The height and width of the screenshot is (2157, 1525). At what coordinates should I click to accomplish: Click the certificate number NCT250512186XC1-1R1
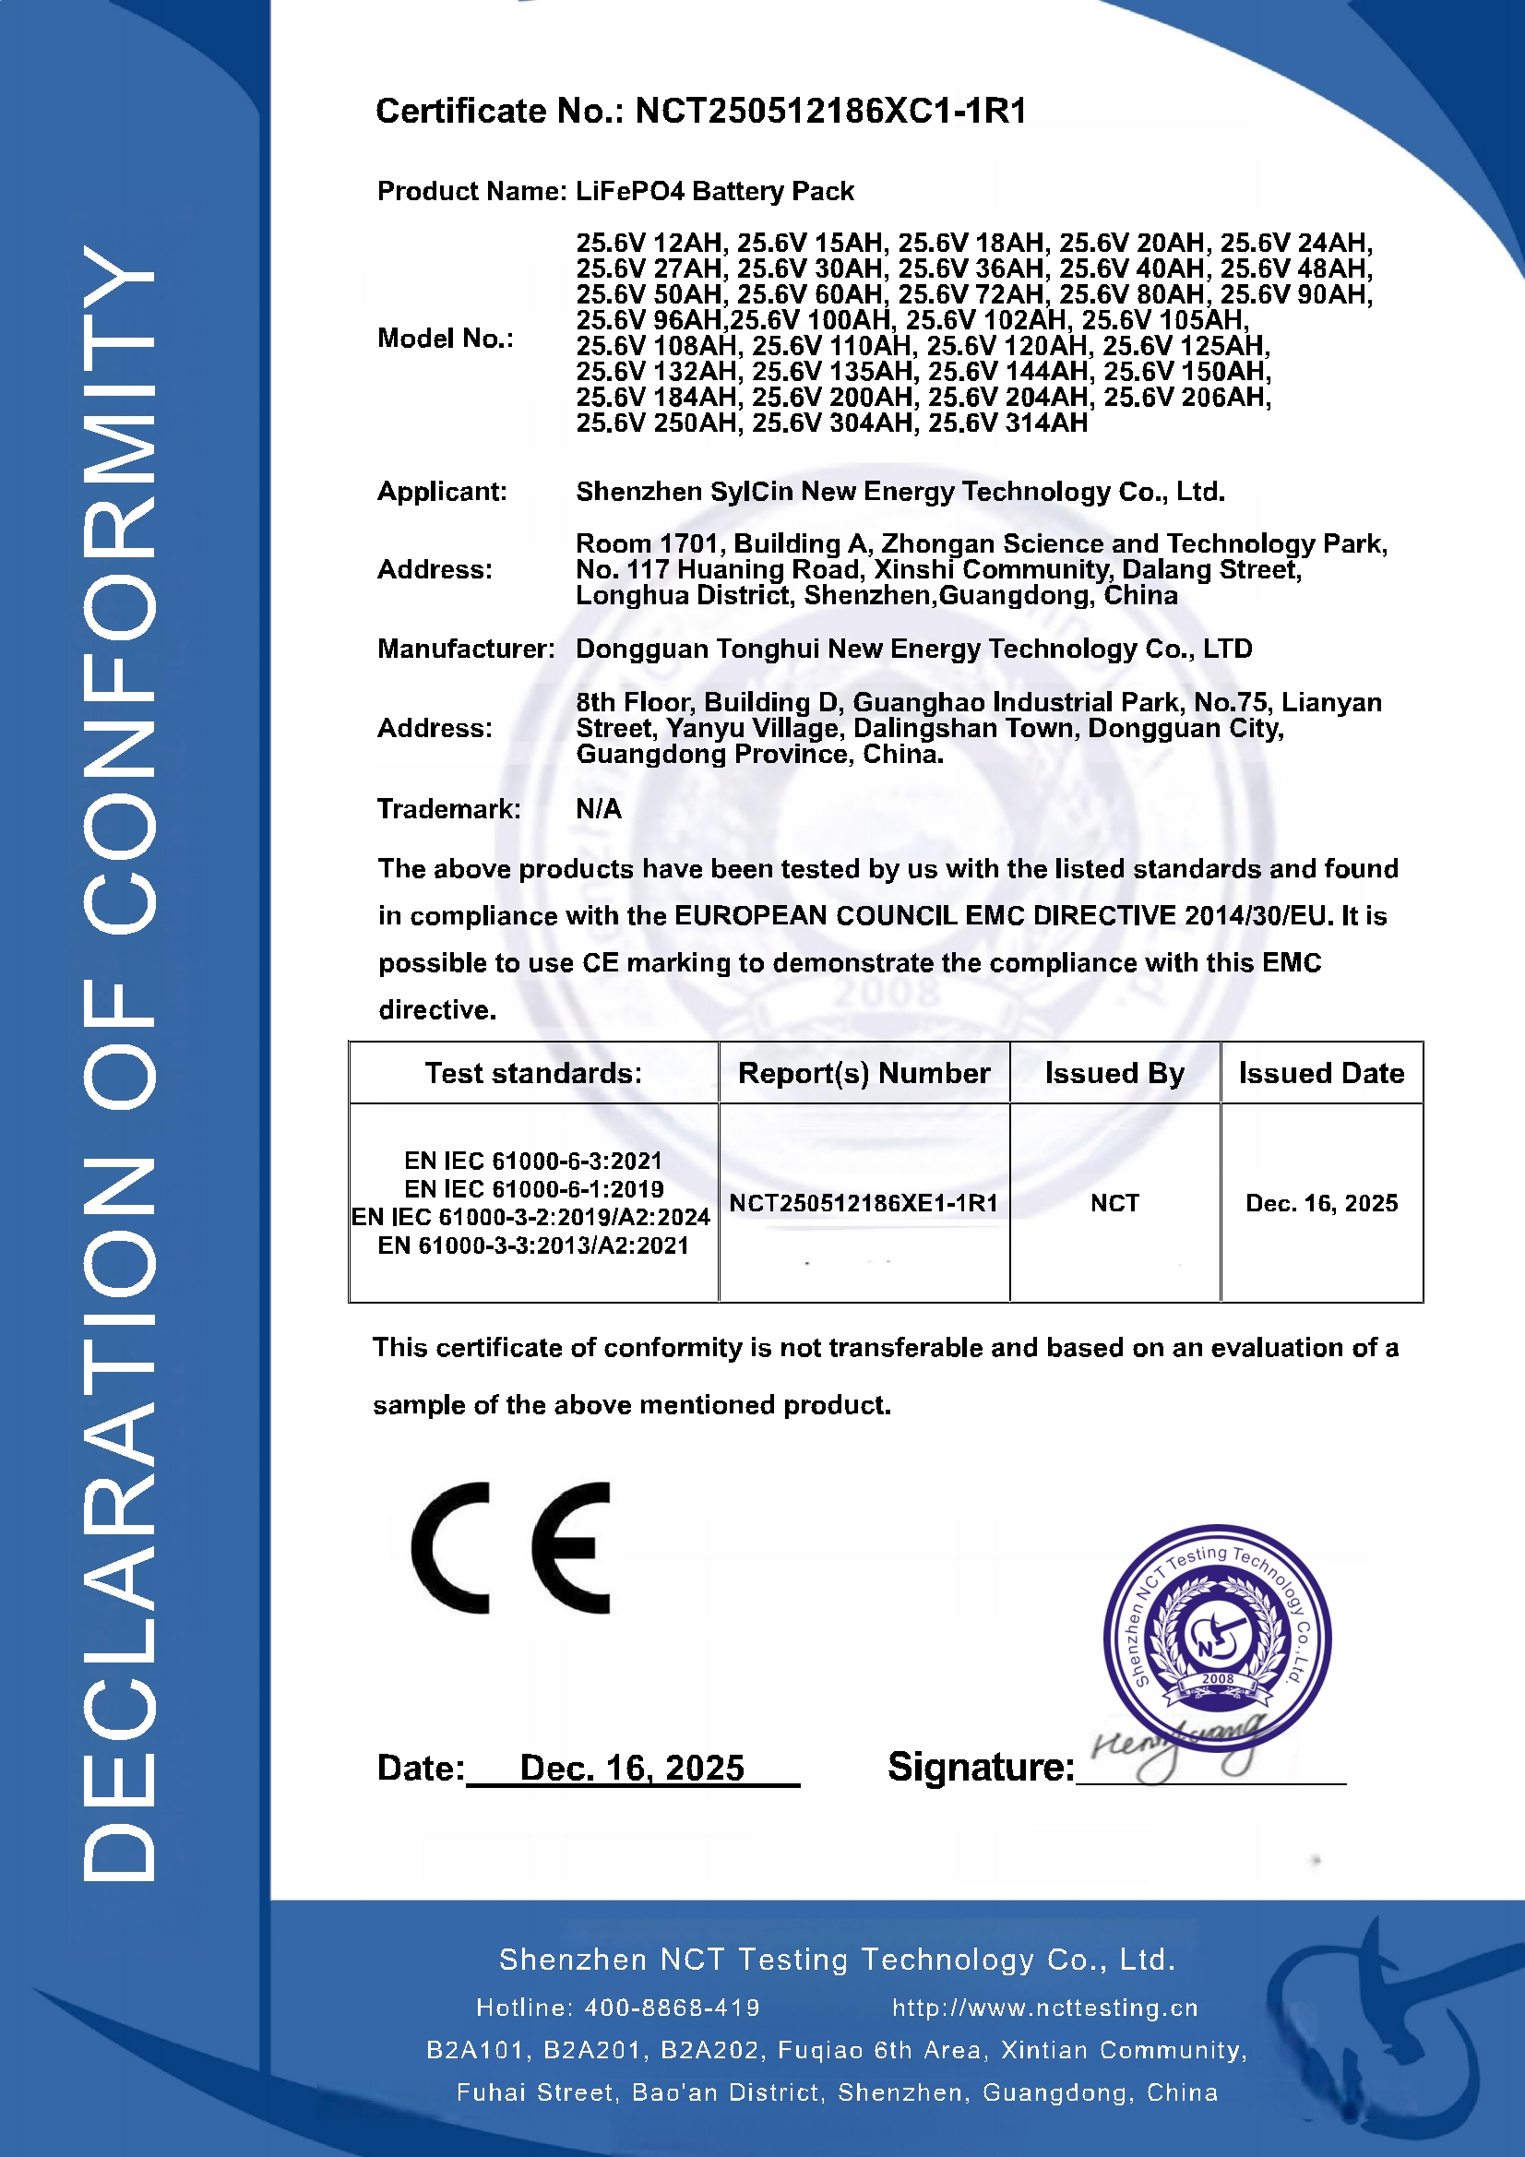[830, 111]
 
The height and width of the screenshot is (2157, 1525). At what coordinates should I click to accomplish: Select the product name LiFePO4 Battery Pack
[714, 191]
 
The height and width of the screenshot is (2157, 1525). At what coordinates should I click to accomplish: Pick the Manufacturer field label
[465, 649]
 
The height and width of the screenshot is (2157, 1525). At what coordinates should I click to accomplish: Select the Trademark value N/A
[599, 809]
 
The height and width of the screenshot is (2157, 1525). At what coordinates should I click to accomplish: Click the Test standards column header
[532, 1073]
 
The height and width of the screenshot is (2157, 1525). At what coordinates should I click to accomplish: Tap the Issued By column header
[1114, 1073]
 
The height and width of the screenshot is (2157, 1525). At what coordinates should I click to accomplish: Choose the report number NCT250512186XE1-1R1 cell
[864, 1203]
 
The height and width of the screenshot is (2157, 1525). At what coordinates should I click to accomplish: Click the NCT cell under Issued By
[1114, 1203]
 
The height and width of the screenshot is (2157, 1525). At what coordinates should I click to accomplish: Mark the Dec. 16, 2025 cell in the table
[1321, 1203]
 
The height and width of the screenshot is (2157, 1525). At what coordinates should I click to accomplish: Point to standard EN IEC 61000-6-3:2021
[532, 1162]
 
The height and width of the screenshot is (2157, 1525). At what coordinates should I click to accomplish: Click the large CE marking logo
[511, 1548]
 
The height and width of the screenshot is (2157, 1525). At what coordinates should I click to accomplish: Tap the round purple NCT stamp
[1217, 1639]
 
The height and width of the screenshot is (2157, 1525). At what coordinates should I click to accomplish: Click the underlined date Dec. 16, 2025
[631, 1768]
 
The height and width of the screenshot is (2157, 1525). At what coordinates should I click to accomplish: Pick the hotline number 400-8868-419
[672, 2008]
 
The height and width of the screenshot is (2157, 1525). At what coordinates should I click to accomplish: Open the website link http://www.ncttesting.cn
[1045, 2008]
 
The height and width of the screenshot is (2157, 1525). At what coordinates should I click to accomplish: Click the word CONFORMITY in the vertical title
[119, 592]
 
